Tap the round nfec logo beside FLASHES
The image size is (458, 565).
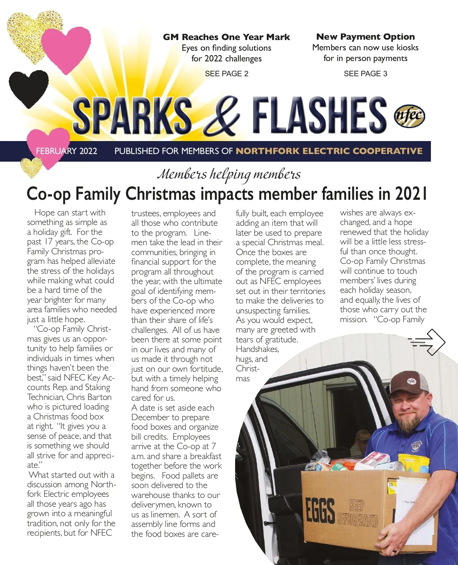[409, 116]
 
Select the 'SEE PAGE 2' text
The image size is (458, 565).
[226, 74]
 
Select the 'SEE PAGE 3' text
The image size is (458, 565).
[365, 74]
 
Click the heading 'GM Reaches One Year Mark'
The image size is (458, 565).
[226, 37]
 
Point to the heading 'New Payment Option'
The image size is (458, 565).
[365, 37]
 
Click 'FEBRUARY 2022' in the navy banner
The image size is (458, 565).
[66, 151]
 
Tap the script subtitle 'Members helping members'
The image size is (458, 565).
[229, 174]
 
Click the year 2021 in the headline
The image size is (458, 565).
[411, 194]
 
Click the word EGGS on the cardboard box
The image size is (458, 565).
[320, 510]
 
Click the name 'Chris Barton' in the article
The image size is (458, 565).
[89, 397]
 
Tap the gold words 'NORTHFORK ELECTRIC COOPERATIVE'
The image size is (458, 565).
[329, 151]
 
